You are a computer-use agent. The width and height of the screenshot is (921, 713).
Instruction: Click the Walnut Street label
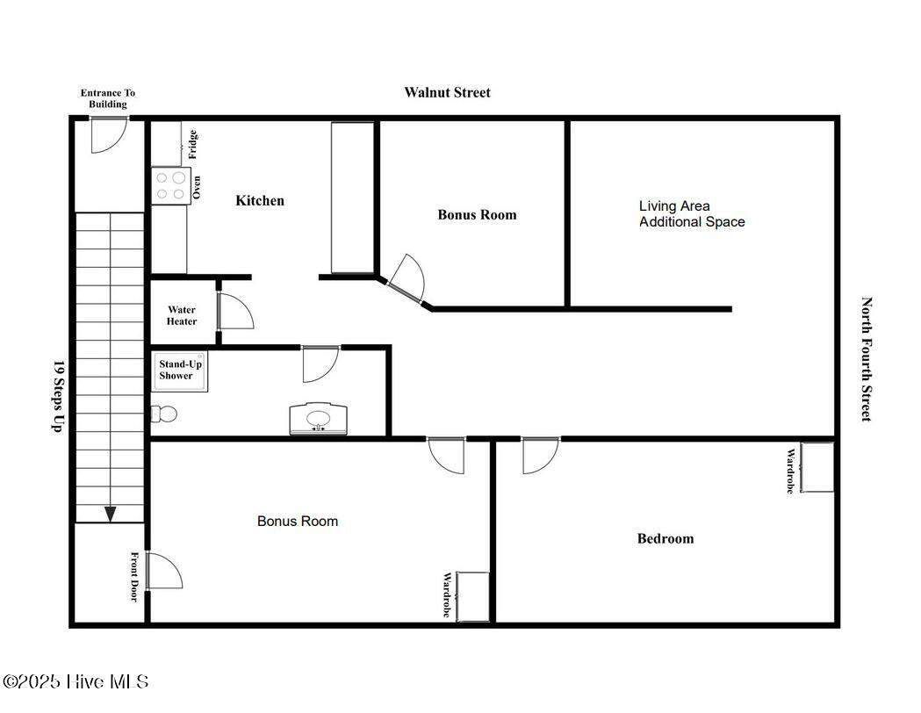[447, 92]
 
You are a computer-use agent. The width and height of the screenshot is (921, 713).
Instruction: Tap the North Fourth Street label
[867, 359]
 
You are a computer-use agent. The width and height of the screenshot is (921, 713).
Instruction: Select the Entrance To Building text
[108, 98]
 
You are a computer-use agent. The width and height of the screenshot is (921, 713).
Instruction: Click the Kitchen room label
[260, 201]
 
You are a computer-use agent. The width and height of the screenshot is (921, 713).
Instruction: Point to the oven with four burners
[170, 185]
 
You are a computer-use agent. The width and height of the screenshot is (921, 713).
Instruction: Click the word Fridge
[193, 144]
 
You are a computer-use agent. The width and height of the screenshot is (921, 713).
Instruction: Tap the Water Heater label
[182, 315]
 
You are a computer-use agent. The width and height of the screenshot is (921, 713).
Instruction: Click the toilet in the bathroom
[164, 413]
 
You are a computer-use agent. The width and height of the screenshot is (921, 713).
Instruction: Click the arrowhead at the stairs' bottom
[110, 514]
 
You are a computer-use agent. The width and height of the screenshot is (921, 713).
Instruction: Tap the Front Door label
[135, 576]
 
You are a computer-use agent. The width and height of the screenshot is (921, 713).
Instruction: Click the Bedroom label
[665, 539]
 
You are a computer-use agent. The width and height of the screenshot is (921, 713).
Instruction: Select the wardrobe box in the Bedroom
[817, 467]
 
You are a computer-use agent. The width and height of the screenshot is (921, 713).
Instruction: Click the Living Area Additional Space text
[692, 214]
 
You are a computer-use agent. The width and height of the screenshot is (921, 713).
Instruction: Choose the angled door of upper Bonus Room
[407, 281]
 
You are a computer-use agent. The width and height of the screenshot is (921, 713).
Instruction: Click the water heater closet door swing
[234, 312]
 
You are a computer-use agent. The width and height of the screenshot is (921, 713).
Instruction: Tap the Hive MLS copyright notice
[76, 681]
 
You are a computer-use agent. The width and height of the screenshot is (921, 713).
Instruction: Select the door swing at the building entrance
[109, 134]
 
